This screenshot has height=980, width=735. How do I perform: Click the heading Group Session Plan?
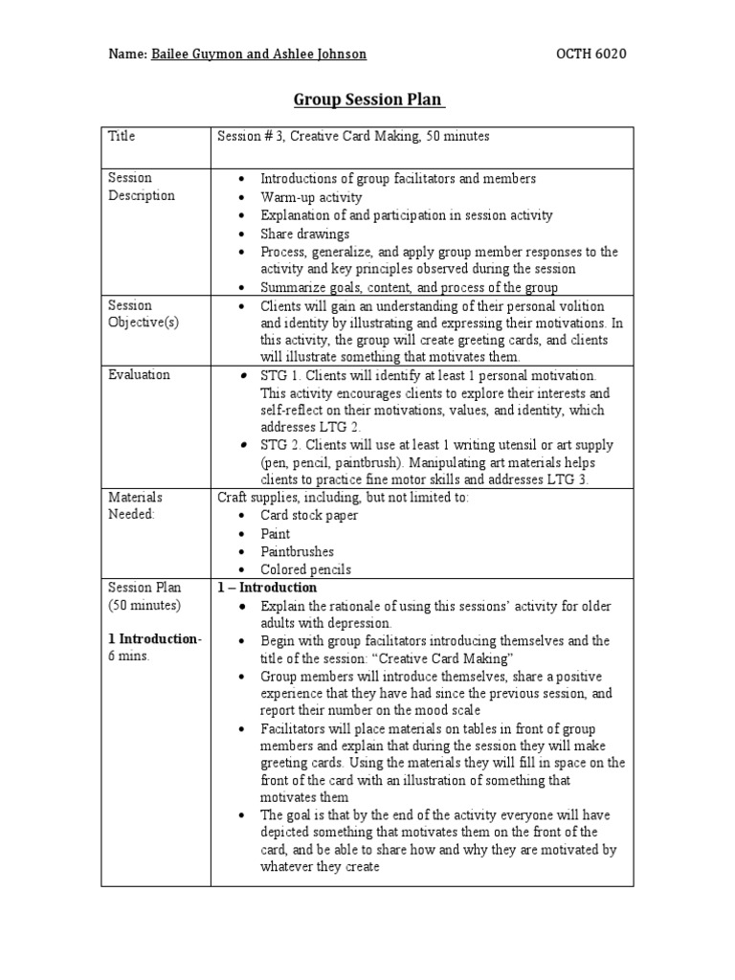pos(367,100)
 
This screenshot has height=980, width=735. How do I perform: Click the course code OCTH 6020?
pos(591,54)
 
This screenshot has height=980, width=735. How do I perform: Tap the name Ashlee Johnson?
pos(320,54)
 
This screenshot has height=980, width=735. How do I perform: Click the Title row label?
pos(122,136)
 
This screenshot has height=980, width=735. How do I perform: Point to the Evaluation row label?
pos(139,374)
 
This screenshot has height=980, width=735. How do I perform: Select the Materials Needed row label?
pos(135,505)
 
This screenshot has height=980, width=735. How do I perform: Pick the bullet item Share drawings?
pos(305,234)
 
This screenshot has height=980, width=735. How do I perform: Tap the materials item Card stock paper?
pos(309,515)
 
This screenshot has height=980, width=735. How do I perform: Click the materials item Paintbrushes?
pos(298,551)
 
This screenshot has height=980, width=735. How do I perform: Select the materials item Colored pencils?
pos(305,569)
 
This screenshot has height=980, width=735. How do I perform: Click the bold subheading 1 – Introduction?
pos(267,587)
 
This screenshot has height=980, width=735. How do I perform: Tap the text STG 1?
pos(280,375)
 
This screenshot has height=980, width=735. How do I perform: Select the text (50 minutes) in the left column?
pos(144,605)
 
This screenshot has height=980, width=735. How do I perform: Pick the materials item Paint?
pos(276,533)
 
